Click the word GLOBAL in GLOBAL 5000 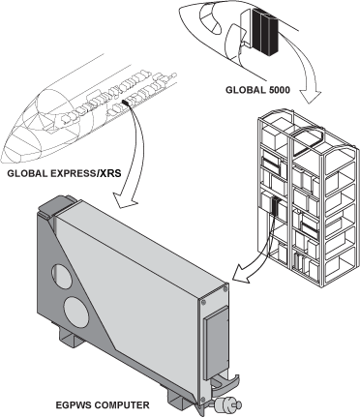tap(245, 89)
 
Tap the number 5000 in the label tap(279, 89)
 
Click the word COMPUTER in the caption tap(120, 404)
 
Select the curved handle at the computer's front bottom tap(225, 384)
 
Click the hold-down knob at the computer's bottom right tap(227, 403)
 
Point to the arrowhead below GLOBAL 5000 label tap(311, 96)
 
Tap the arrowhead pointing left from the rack tap(242, 274)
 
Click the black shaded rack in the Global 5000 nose tap(265, 31)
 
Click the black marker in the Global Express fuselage tap(125, 103)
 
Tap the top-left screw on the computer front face tap(203, 302)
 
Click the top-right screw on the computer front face tap(225, 289)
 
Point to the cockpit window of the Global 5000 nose tap(210, 18)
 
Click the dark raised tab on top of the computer tap(56, 205)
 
